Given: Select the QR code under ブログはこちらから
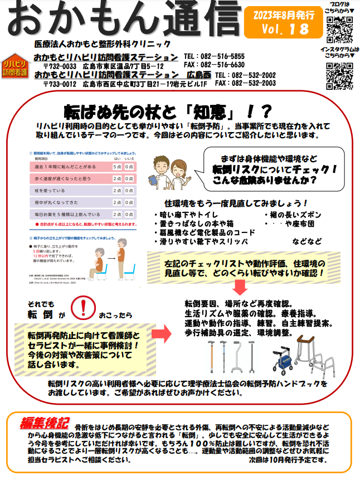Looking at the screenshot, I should pos(339,30).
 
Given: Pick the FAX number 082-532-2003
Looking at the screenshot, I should pos(245,83).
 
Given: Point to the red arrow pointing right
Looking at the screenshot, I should pos(160,334).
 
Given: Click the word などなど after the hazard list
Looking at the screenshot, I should pos(307,241).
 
